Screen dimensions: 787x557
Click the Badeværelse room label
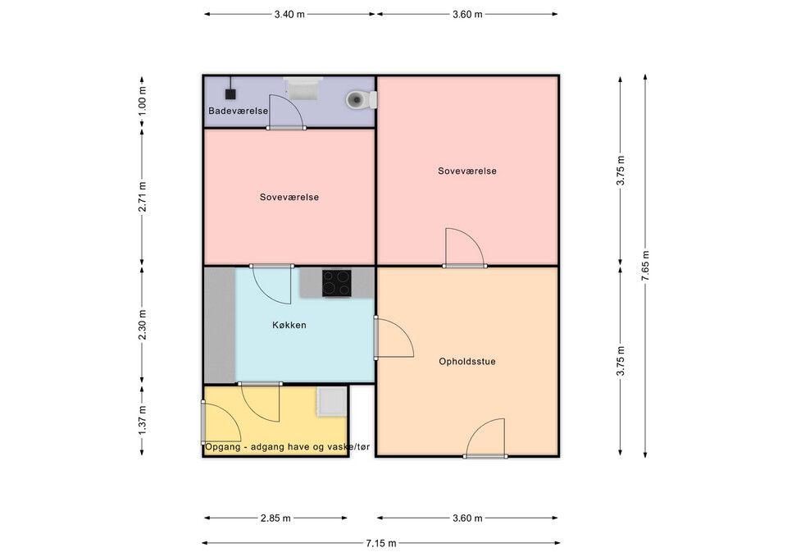click(238, 111)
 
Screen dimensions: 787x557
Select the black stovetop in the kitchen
click(337, 283)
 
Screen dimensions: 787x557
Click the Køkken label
click(289, 325)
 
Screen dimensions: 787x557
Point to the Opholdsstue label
click(467, 361)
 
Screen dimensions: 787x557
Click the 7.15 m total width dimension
click(381, 543)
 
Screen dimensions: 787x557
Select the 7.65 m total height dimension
click(645, 266)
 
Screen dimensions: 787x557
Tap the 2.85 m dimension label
click(275, 518)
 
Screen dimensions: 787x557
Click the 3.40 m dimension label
click(289, 14)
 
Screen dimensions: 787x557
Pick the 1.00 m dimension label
click(142, 101)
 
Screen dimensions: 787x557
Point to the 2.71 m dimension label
click(142, 196)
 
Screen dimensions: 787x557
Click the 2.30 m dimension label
click(142, 325)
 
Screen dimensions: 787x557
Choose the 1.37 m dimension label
click(142, 420)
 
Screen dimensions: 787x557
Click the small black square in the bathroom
click(230, 94)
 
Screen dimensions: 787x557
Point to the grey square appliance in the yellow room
click(332, 401)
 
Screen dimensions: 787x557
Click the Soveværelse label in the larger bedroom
click(467, 171)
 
